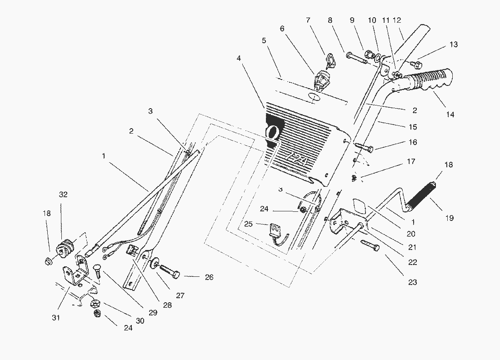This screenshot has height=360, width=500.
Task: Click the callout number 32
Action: click(63, 195)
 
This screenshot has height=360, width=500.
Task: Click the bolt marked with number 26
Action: click(169, 273)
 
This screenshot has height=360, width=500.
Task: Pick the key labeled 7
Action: click(330, 60)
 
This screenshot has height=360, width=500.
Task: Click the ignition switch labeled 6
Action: click(319, 79)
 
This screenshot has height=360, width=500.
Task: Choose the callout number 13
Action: click(453, 45)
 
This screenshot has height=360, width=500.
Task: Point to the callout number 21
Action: click(412, 247)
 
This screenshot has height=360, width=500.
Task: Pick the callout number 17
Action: click(411, 161)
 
